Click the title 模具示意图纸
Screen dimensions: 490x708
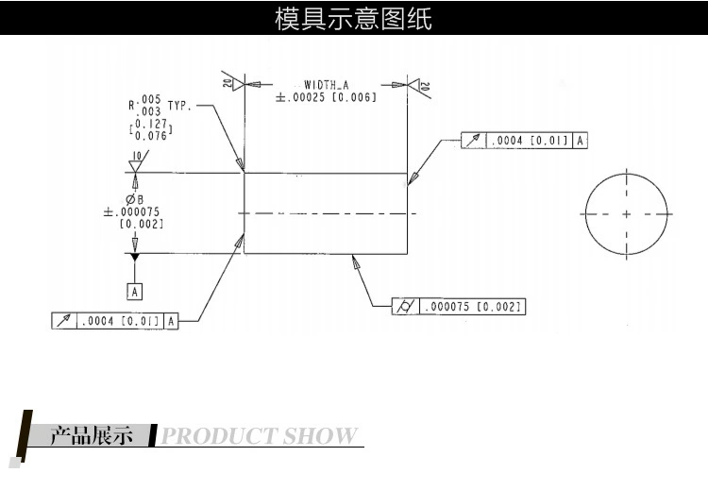point(353,18)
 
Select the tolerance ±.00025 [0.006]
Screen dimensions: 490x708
point(326,97)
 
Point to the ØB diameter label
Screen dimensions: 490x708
point(134,199)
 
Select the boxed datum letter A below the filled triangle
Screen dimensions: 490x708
point(135,291)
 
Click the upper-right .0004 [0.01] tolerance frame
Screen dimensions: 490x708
point(526,141)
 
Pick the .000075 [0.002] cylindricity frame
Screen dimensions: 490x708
point(459,307)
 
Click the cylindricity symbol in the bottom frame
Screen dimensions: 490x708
point(406,307)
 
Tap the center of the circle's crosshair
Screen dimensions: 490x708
point(626,214)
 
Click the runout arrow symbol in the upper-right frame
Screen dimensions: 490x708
point(474,141)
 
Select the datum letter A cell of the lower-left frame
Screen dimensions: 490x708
point(172,321)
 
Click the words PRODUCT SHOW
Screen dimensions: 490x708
point(260,436)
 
